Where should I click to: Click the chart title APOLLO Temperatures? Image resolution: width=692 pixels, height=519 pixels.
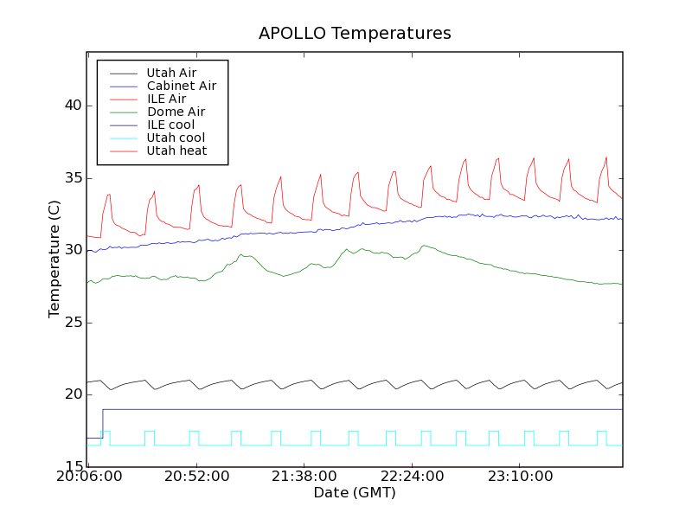355,34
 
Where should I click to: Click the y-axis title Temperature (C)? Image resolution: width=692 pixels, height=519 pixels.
54,259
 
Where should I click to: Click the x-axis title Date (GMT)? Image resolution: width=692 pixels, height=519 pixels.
355,493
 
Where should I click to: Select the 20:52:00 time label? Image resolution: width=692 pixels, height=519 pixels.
196,477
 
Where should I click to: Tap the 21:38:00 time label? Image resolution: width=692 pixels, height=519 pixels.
304,477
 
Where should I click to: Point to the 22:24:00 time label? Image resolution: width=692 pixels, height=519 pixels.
412,477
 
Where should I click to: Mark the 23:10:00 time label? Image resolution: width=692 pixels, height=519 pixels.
519,477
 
